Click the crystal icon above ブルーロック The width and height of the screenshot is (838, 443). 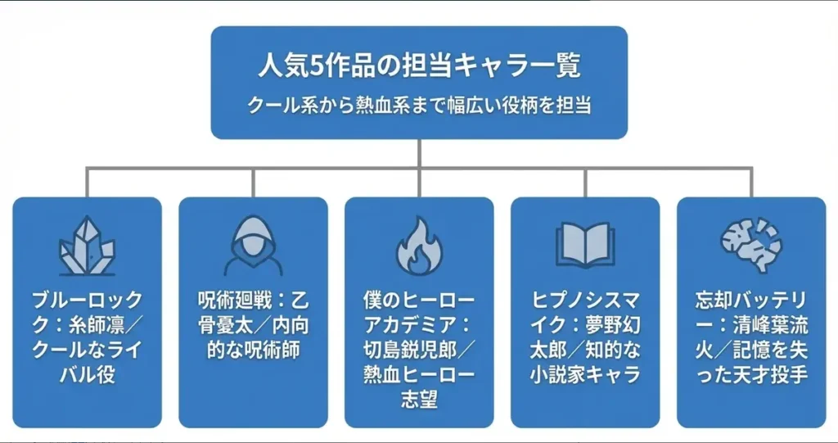[x=87, y=246]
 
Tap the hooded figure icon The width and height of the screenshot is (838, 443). [x=253, y=246]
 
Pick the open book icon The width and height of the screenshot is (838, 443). [x=584, y=245]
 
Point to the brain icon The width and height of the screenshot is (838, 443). [x=751, y=245]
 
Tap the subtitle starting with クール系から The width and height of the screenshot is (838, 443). [x=419, y=106]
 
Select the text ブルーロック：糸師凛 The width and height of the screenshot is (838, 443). [x=87, y=314]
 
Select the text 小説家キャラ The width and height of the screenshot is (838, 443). [x=584, y=375]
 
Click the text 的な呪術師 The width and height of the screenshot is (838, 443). [x=253, y=350]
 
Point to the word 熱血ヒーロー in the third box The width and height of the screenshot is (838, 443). [x=419, y=375]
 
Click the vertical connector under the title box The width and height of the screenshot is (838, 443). [x=419, y=153]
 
